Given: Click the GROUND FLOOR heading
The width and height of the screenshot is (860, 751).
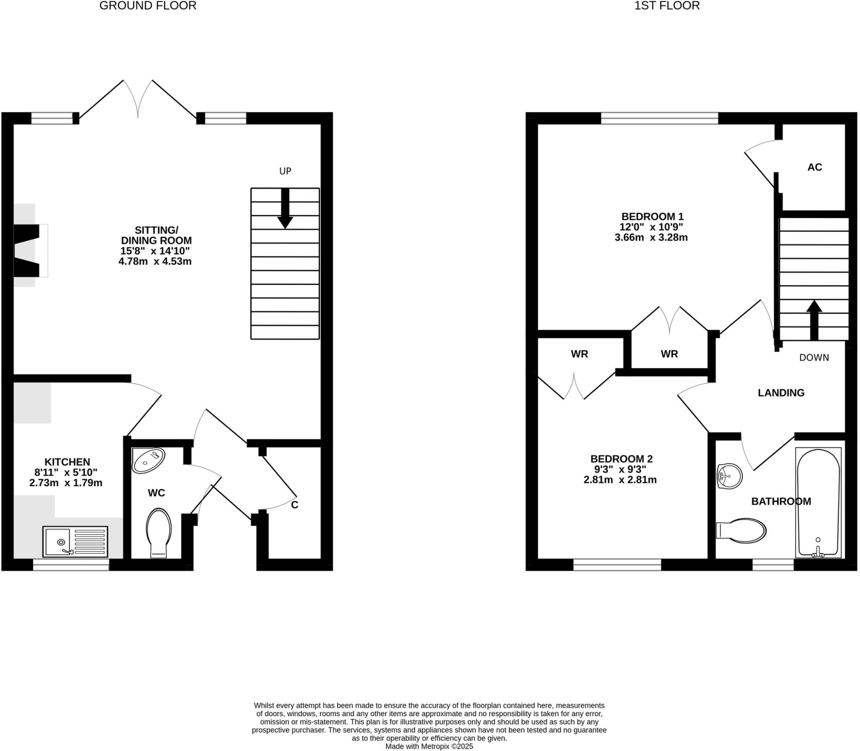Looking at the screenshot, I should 148,6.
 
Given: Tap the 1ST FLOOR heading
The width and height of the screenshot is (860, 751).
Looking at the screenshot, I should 666,6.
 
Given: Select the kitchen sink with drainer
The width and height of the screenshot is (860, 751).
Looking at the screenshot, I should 75,542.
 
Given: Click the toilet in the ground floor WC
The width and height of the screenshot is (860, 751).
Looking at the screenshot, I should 159,532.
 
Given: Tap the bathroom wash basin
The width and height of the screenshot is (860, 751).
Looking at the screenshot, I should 729,476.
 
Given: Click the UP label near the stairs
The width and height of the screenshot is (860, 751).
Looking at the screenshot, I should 285,171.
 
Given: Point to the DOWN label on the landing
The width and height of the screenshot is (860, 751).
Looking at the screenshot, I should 814,358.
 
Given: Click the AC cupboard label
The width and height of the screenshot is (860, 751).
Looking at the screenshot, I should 814,167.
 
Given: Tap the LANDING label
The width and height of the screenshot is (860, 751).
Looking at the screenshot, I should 781,393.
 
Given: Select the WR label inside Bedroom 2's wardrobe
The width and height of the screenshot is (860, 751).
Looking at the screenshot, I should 579,354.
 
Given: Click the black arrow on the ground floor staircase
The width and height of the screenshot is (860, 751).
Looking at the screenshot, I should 285,209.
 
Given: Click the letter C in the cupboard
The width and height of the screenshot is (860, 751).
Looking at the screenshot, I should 294,505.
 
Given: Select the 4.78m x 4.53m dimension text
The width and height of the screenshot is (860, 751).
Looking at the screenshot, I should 155,261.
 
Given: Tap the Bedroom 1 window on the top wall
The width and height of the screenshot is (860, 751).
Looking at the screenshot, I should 659,118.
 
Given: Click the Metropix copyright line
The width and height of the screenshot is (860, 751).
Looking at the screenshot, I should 429,746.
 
